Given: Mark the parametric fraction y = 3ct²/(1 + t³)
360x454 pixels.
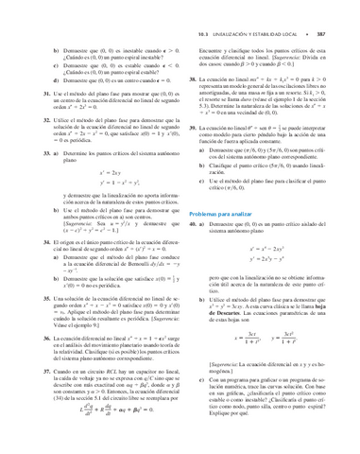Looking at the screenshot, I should [294, 337].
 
